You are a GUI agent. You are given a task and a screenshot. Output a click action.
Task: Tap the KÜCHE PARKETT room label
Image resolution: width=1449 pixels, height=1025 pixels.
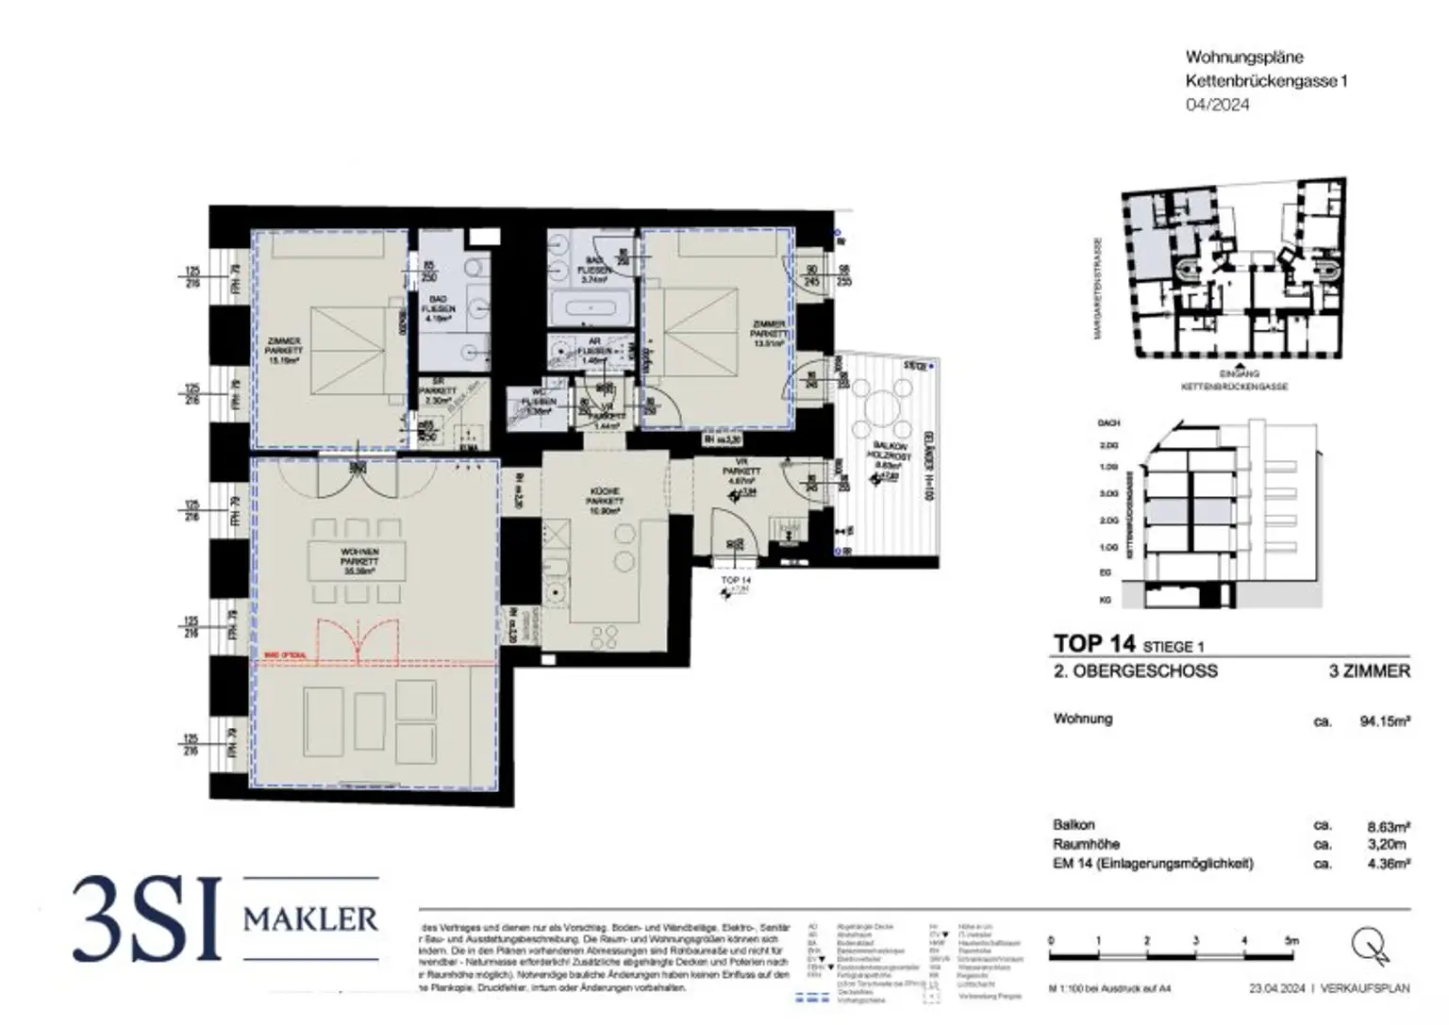click(x=605, y=501)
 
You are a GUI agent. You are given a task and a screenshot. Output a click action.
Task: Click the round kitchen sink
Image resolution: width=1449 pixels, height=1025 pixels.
click(x=558, y=595)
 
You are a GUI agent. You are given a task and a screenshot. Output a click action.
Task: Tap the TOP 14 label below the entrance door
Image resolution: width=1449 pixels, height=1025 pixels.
click(x=735, y=581)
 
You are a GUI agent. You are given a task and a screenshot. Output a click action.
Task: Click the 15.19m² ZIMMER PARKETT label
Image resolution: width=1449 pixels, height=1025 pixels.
click(x=284, y=350)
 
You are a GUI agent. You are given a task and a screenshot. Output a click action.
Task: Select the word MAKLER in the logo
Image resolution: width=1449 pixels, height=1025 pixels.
click(x=310, y=918)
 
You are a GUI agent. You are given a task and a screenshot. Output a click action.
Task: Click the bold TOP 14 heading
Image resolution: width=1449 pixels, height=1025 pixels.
click(x=1094, y=644)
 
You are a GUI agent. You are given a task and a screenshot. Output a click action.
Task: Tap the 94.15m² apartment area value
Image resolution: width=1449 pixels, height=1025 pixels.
click(x=1384, y=721)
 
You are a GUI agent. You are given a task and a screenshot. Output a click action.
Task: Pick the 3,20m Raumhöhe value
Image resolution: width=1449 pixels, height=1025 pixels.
click(x=1387, y=845)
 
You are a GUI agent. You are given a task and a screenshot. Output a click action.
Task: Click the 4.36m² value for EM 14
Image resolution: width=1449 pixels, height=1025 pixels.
click(x=1388, y=864)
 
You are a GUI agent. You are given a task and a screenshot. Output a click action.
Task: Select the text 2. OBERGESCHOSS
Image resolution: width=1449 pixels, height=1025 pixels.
click(x=1135, y=671)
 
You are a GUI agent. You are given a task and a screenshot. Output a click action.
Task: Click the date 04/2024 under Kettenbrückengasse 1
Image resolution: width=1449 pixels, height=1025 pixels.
click(x=1217, y=105)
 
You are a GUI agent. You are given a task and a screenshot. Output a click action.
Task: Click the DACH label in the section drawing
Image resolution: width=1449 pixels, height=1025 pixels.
click(x=1108, y=423)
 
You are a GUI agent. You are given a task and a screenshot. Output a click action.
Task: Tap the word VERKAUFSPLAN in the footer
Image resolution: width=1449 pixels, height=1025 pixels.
click(x=1366, y=988)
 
